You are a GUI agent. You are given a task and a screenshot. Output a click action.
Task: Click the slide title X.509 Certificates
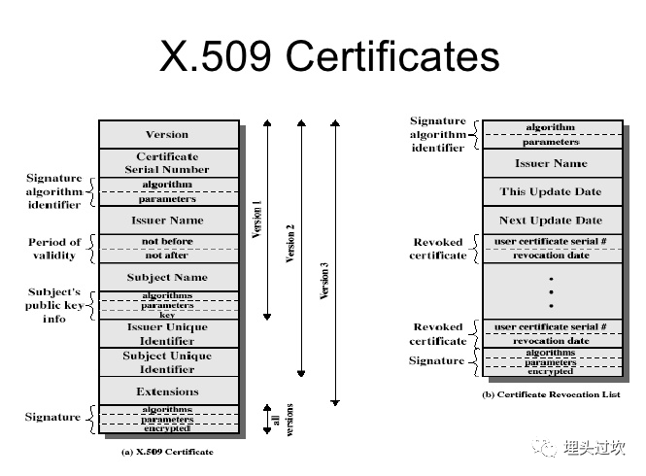tap(329, 57)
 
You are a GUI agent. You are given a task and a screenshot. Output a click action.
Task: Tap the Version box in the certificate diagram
tap(167, 134)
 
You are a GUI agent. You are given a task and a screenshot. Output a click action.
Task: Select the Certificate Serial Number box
tap(167, 162)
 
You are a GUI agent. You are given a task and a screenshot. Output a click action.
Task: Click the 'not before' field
tap(167, 241)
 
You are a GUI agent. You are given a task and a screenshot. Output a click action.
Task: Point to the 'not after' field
tap(167, 255)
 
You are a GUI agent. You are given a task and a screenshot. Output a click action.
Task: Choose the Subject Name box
tap(167, 277)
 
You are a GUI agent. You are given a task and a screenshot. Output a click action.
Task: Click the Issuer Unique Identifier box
tap(167, 333)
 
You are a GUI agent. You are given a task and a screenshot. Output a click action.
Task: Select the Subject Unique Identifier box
tap(167, 362)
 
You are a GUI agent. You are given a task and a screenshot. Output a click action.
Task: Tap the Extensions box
tap(167, 391)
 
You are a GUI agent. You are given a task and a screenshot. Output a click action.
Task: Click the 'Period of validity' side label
tap(54, 249)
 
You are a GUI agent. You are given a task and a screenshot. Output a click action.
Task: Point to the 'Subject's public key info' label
tap(54, 305)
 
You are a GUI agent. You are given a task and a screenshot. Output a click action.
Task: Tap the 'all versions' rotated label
tap(282, 420)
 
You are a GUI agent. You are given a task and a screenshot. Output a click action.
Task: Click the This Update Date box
tap(551, 191)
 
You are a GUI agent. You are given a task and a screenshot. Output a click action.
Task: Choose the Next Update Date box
tap(551, 221)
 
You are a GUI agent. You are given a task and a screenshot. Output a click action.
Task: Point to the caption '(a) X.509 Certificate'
tap(167, 452)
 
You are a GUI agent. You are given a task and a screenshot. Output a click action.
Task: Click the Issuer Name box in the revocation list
tap(551, 163)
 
